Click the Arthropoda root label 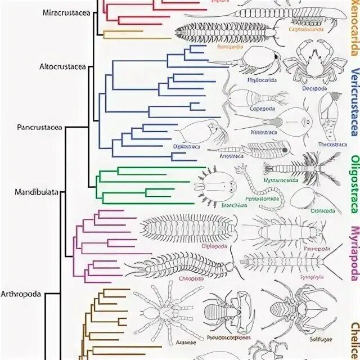[22, 293]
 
